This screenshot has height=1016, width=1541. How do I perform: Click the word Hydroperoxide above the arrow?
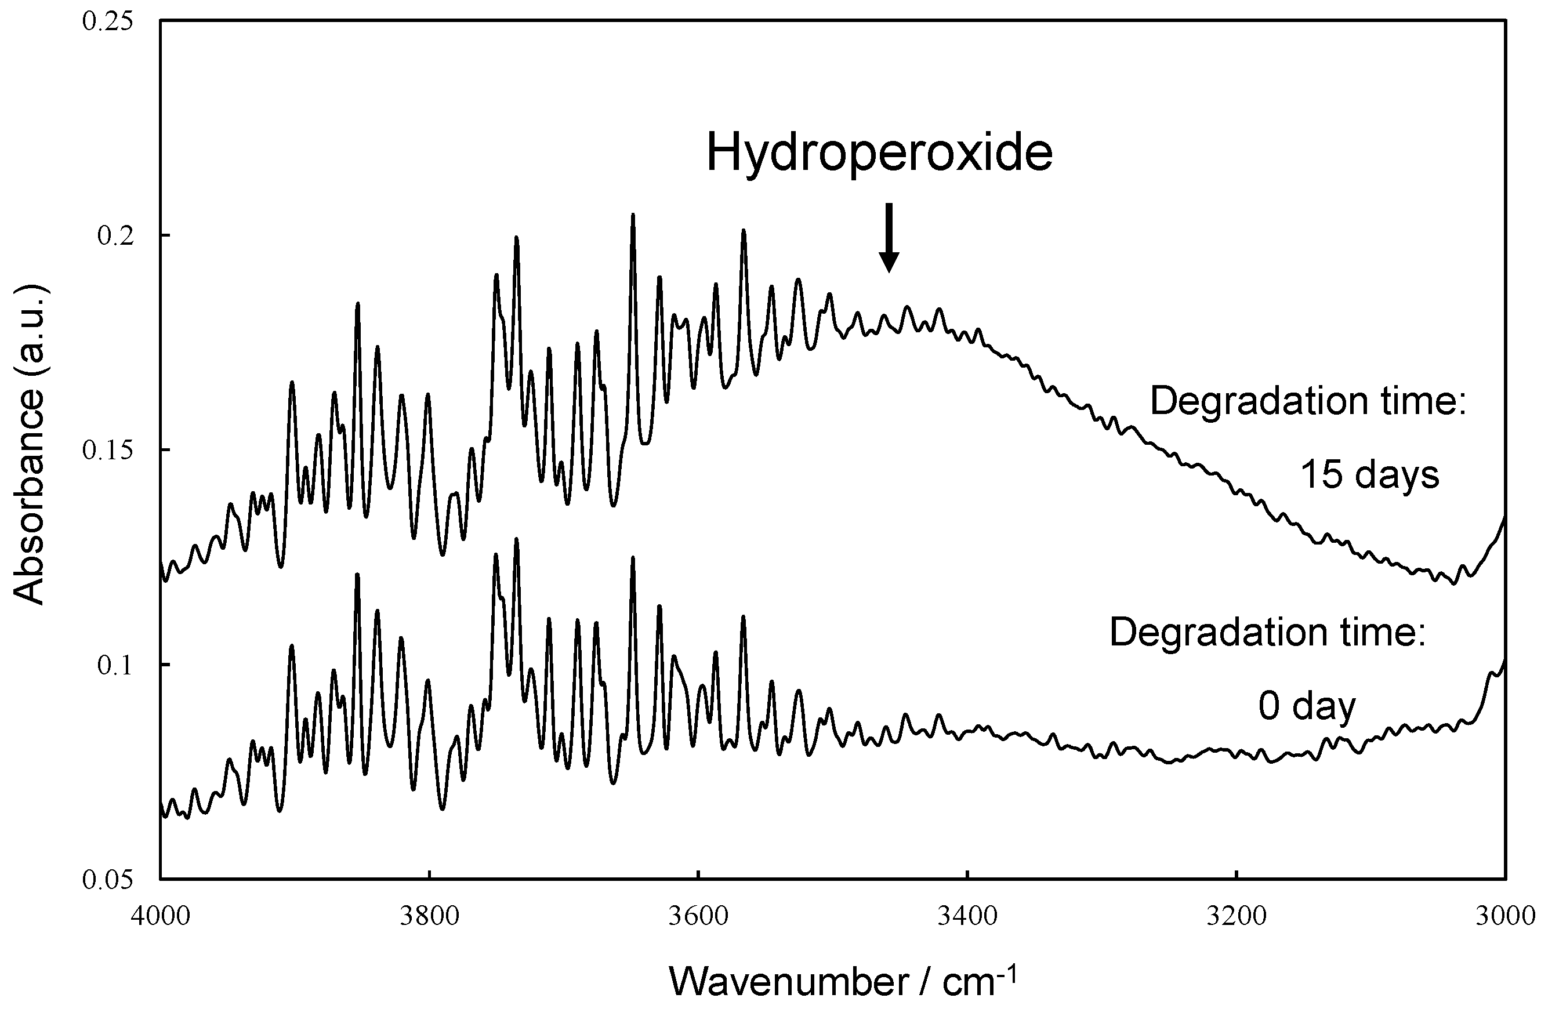[879, 153]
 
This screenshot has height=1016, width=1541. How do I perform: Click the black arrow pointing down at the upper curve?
[889, 238]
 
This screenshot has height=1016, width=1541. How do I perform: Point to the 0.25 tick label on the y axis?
[107, 21]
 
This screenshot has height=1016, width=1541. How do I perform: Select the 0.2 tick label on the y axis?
[114, 236]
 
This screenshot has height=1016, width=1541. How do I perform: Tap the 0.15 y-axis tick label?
[107, 451]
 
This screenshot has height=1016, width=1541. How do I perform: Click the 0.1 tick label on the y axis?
[114, 666]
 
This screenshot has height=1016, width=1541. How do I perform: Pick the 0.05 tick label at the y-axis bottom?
[107, 880]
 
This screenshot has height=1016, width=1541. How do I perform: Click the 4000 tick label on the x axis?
[159, 917]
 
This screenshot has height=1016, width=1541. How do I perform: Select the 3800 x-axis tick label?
[429, 917]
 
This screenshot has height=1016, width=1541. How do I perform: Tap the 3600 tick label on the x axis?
[698, 917]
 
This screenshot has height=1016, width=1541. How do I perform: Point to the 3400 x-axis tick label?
[967, 917]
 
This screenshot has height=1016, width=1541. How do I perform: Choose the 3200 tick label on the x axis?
[1237, 917]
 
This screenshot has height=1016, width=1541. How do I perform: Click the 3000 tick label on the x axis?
[1504, 917]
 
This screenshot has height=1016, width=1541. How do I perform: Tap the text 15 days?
[1370, 475]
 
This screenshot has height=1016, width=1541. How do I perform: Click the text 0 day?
[1307, 706]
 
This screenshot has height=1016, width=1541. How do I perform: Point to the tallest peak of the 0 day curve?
[517, 540]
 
